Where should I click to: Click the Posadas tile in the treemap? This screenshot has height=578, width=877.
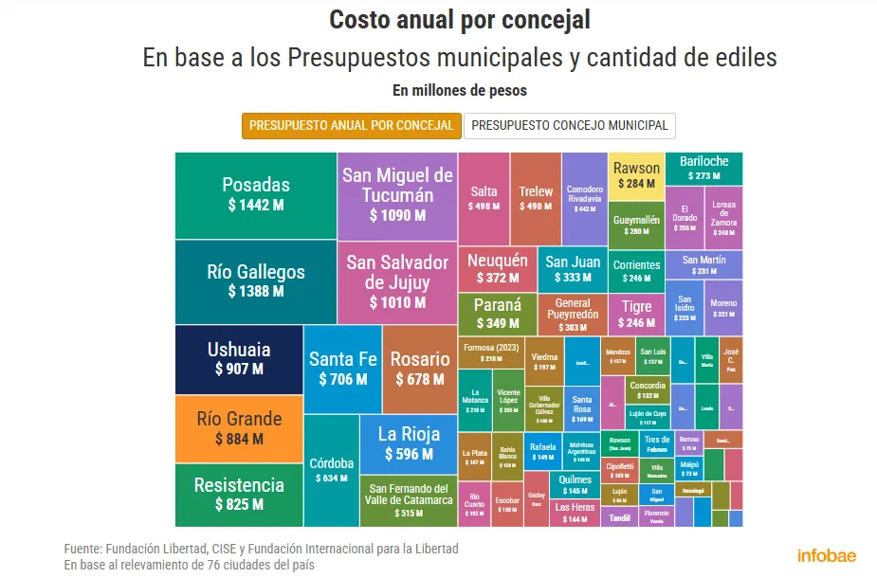(x=256, y=194)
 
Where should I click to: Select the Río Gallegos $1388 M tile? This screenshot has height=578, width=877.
(x=256, y=281)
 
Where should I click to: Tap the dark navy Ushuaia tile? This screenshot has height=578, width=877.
(x=239, y=359)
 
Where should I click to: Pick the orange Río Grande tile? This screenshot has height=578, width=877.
(x=239, y=428)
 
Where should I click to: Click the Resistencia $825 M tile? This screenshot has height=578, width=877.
(x=239, y=494)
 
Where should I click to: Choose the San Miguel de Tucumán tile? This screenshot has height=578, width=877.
(x=397, y=194)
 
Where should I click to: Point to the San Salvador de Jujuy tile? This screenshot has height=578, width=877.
(x=397, y=281)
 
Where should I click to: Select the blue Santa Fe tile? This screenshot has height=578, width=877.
(x=342, y=369)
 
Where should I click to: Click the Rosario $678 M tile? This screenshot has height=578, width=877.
(x=420, y=369)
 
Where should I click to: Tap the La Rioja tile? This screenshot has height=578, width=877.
(x=409, y=443)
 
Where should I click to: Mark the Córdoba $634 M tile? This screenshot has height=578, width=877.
(x=331, y=470)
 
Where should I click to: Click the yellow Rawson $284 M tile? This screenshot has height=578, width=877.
(x=635, y=175)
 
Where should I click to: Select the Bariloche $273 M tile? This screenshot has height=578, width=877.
(x=703, y=168)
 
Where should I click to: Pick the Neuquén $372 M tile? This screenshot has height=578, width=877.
(x=497, y=269)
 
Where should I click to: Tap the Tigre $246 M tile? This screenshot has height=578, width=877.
(x=636, y=315)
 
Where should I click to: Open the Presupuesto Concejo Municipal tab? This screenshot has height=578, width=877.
(x=570, y=125)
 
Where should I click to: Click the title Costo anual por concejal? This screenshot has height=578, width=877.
(x=460, y=20)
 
